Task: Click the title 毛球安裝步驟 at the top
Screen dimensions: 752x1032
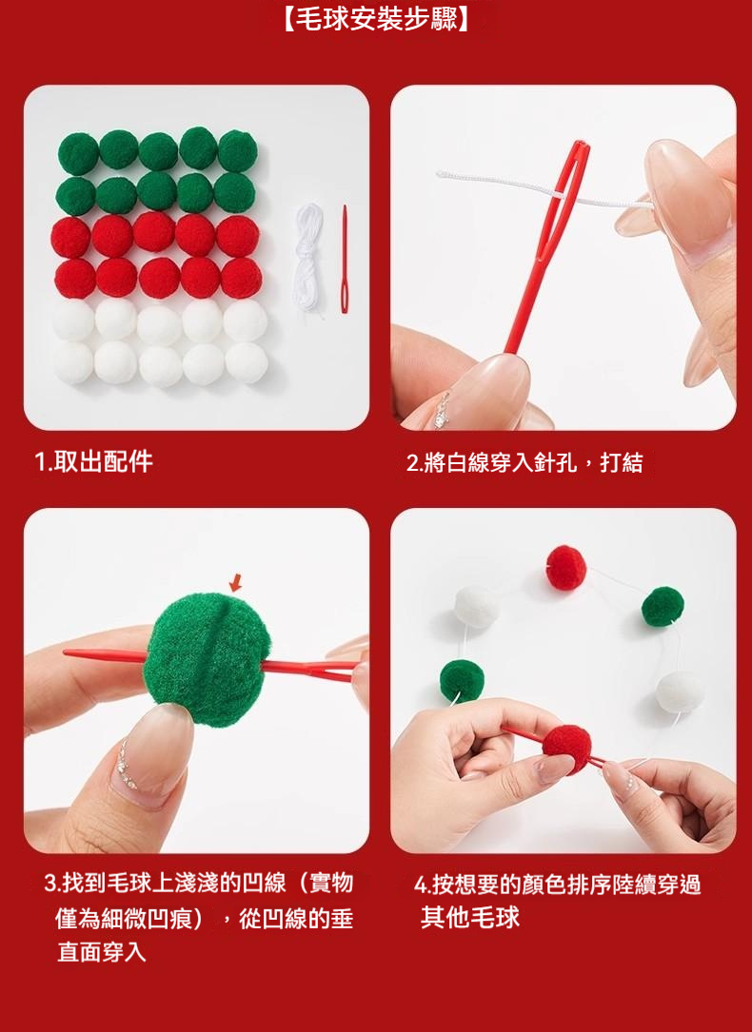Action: (376, 19)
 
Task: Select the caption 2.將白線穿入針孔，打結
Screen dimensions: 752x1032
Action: (524, 463)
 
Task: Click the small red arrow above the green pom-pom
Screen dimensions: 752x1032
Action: (236, 582)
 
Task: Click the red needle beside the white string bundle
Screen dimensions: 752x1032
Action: (344, 259)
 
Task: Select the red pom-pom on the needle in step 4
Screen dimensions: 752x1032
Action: (567, 749)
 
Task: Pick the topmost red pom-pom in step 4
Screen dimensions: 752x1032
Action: (566, 567)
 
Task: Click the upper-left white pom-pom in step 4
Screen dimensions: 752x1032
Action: (475, 606)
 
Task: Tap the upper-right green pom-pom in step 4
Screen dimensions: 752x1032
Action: (663, 606)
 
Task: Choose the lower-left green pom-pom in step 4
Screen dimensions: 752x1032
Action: (462, 680)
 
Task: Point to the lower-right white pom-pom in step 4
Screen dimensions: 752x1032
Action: (679, 691)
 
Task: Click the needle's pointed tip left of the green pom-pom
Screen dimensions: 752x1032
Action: (65, 652)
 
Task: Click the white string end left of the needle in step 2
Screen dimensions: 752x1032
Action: (439, 174)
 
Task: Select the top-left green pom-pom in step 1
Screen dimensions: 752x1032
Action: (78, 153)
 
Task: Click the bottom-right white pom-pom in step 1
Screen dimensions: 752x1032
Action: (247, 362)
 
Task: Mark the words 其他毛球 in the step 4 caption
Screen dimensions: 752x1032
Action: (470, 918)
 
